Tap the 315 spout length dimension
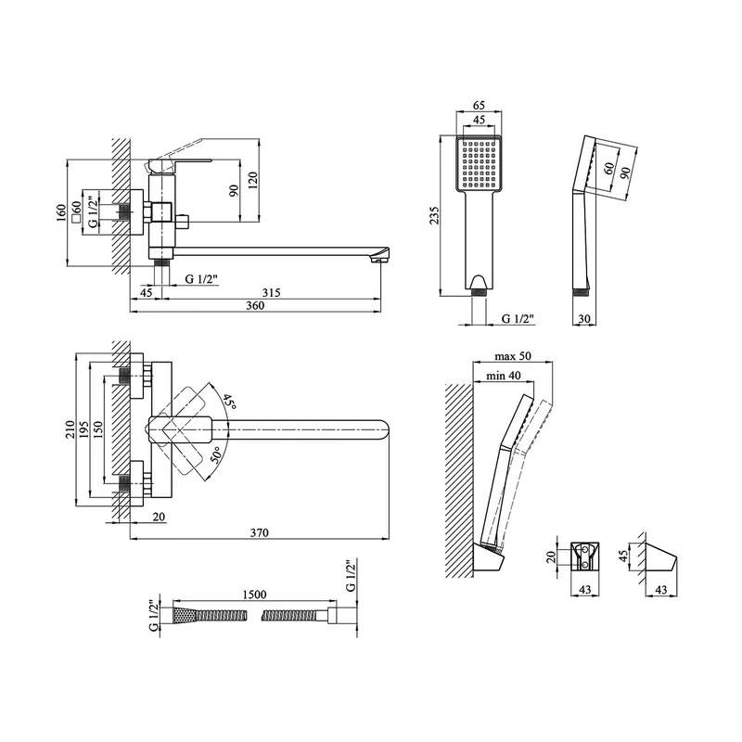click(x=272, y=293)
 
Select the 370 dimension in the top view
click(x=259, y=532)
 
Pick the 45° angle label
click(x=228, y=403)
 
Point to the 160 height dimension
click(x=61, y=212)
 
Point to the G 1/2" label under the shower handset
click(x=518, y=319)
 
